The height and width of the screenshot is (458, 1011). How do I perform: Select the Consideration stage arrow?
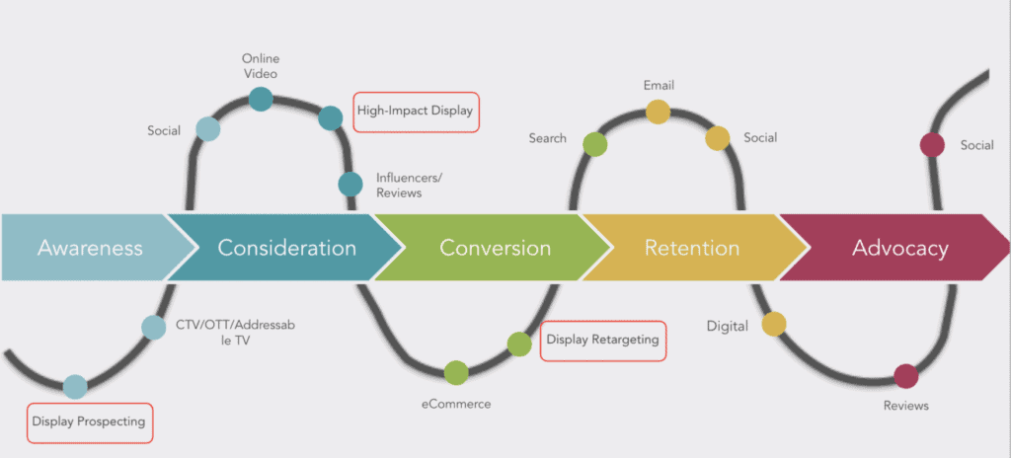click(x=286, y=247)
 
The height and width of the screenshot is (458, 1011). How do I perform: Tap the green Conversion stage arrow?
click(x=494, y=247)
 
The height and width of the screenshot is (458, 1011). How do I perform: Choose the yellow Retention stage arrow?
click(x=691, y=247)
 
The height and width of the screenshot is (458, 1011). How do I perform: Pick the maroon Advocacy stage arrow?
click(x=899, y=247)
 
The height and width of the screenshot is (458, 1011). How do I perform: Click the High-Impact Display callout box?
click(x=416, y=112)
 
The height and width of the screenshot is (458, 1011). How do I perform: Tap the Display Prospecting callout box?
click(x=89, y=421)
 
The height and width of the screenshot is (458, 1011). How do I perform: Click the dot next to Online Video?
click(x=261, y=98)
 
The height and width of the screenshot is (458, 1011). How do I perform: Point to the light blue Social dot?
click(x=207, y=128)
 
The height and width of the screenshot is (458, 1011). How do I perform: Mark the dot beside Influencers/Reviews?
click(x=350, y=184)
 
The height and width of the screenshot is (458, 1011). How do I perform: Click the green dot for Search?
click(x=594, y=144)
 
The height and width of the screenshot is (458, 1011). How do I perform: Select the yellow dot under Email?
click(x=658, y=112)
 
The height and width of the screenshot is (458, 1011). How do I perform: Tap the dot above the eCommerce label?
click(x=456, y=372)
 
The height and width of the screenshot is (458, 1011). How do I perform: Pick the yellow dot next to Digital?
click(x=774, y=324)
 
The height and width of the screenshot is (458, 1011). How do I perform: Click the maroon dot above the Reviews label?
click(x=905, y=375)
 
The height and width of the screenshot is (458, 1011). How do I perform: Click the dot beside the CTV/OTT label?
click(x=153, y=327)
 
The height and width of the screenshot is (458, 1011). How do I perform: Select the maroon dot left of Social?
click(x=931, y=145)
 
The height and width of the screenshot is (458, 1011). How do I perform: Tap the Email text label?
click(x=659, y=86)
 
